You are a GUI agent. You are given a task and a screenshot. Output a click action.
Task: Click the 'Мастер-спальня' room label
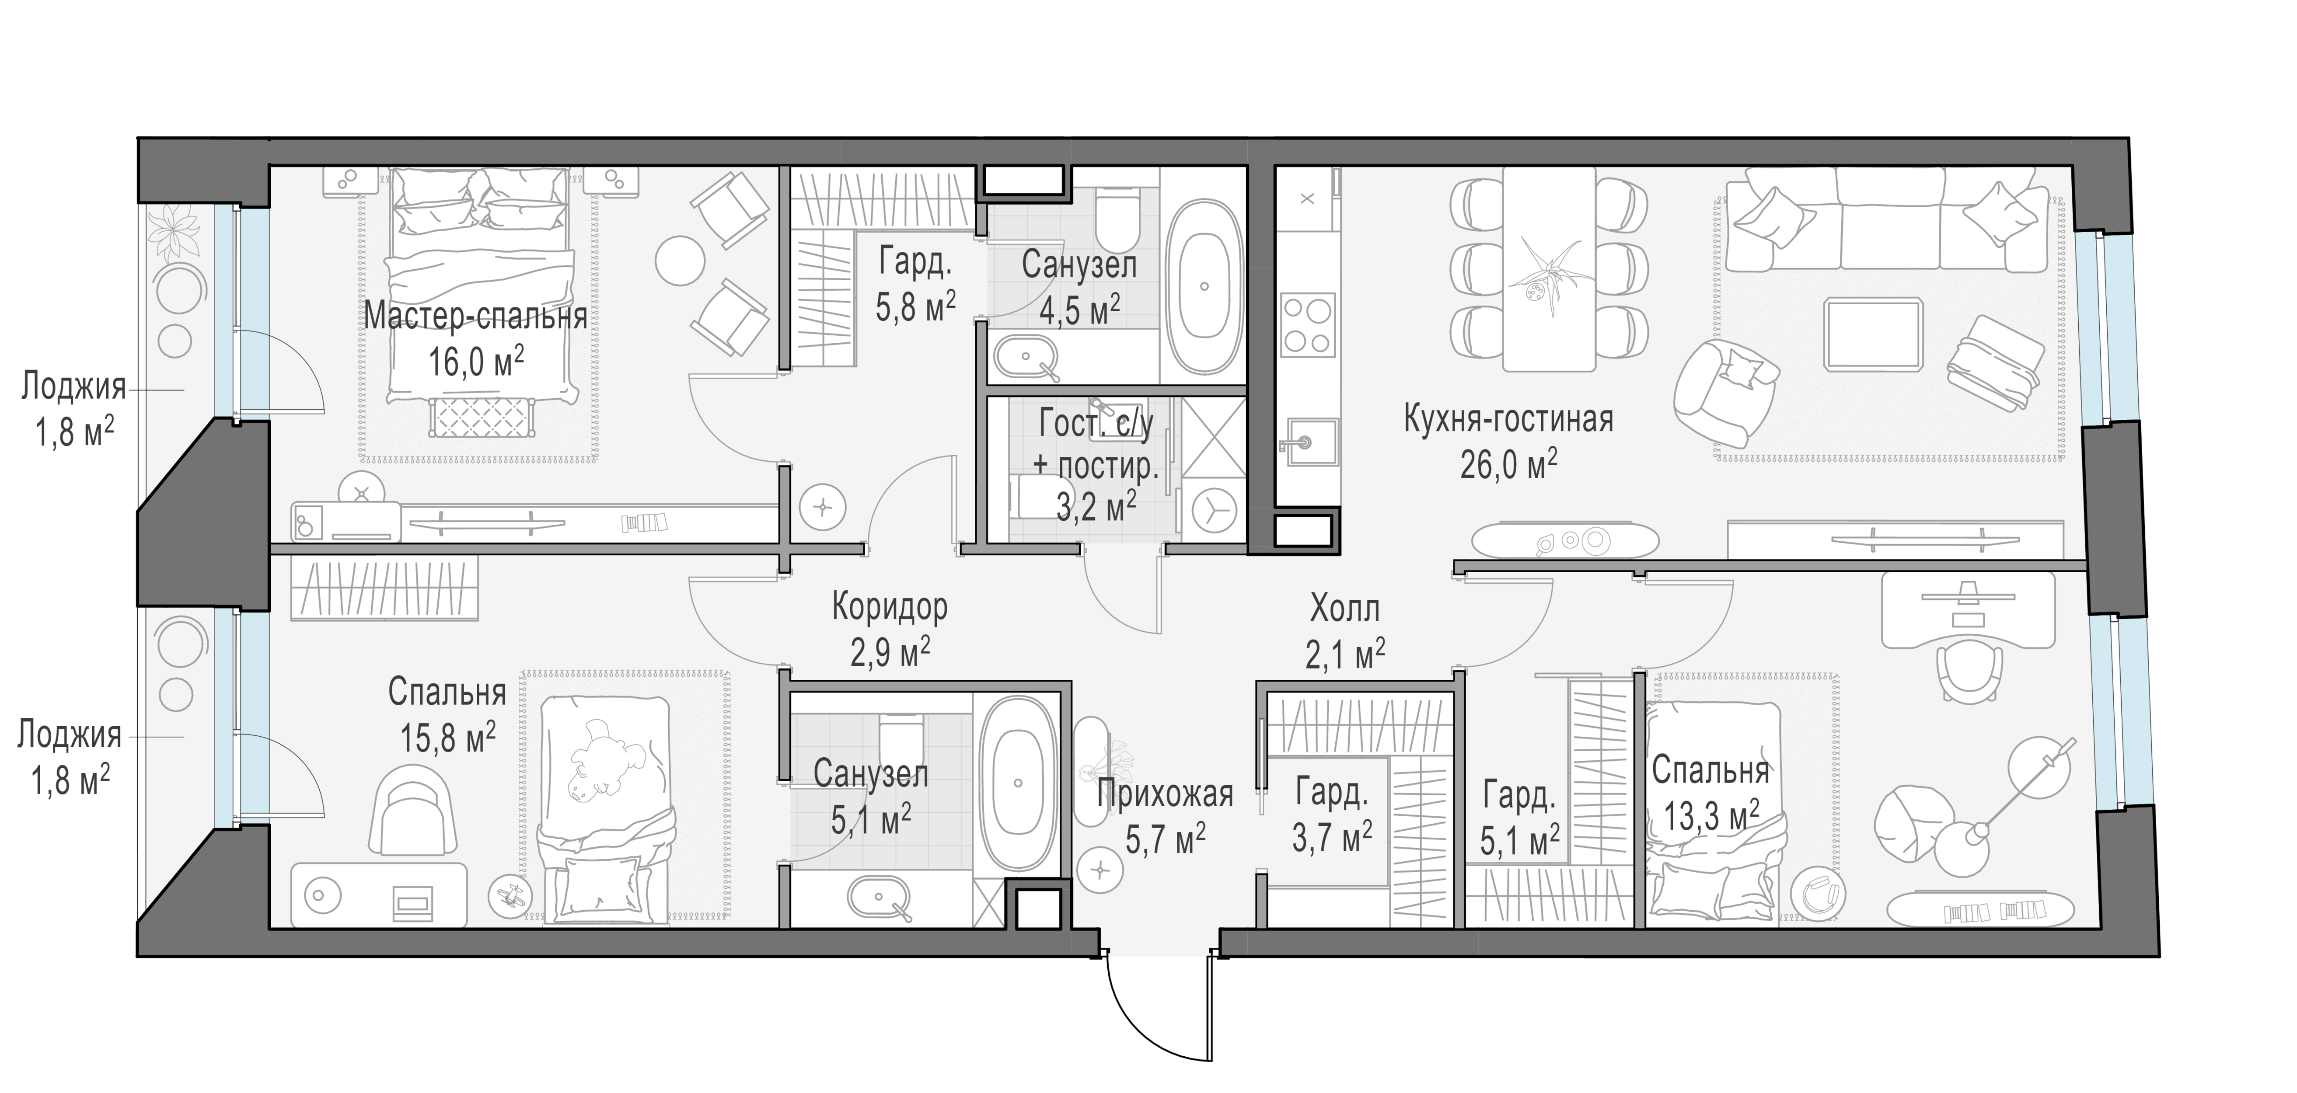click(x=475, y=317)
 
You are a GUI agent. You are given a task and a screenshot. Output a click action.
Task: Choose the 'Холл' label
click(x=1345, y=609)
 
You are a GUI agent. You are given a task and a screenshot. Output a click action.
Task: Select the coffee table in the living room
click(x=1873, y=334)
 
